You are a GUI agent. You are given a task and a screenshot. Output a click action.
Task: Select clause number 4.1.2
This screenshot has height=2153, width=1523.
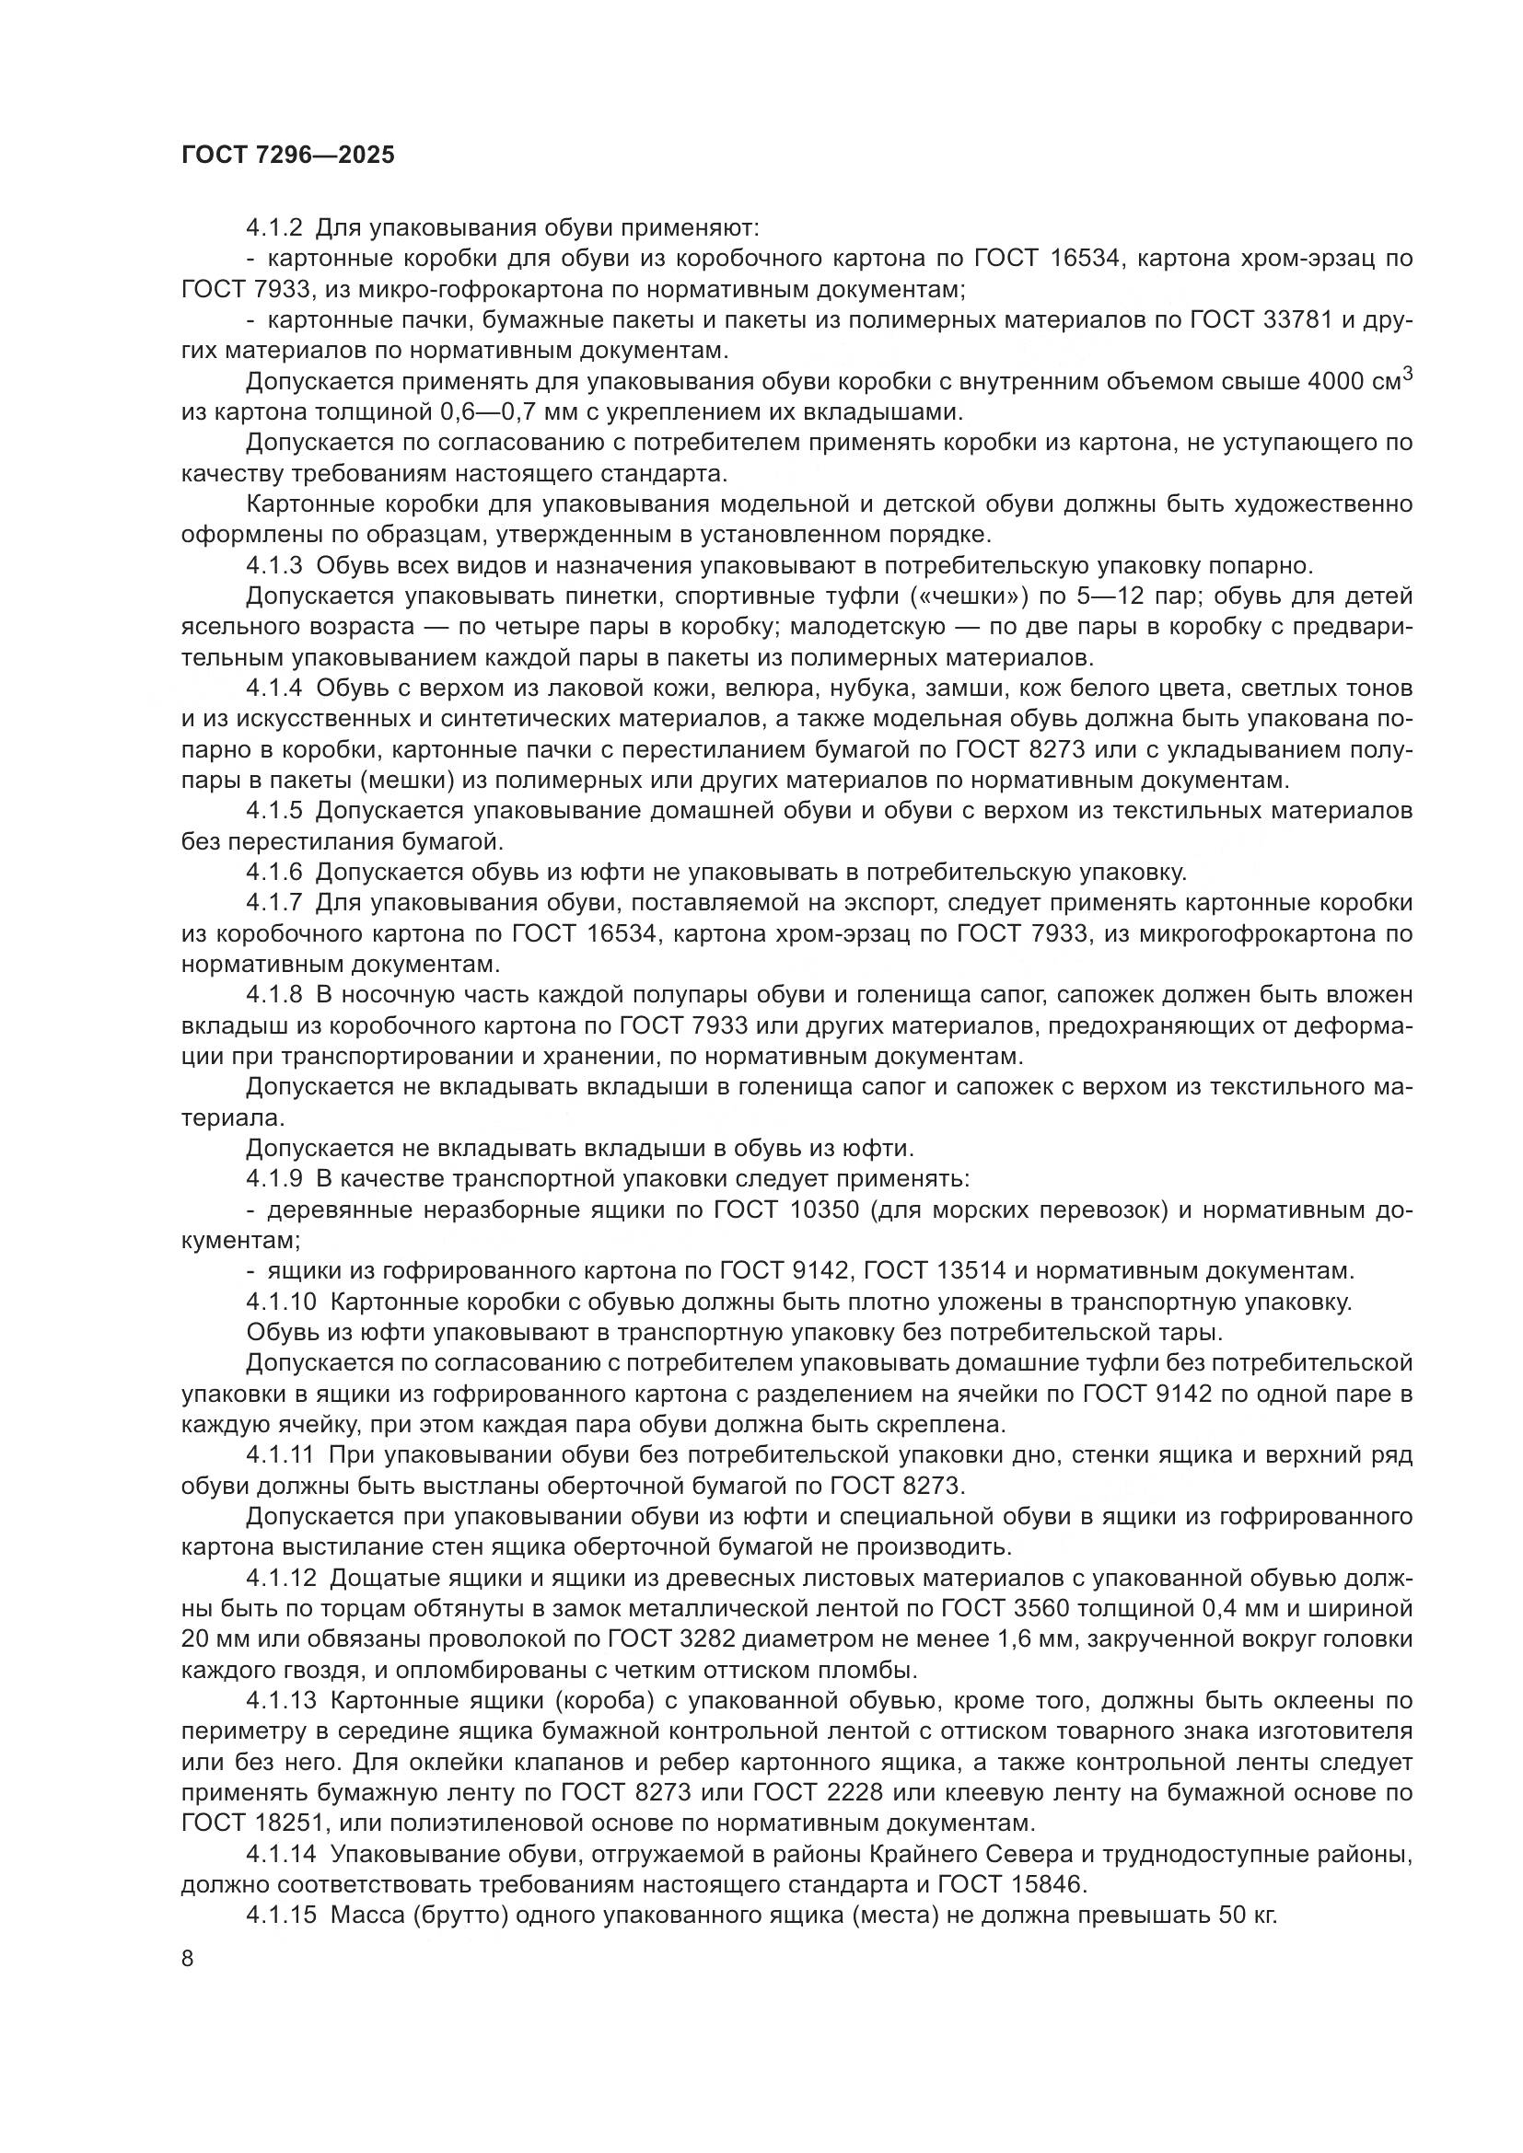(273, 228)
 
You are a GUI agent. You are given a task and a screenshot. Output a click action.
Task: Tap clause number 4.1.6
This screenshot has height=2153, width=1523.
(273, 872)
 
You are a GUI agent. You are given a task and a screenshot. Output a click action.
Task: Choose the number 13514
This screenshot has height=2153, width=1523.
(971, 1271)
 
